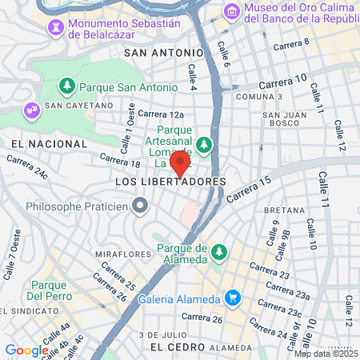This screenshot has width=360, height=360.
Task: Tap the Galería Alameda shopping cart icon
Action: click(233, 298)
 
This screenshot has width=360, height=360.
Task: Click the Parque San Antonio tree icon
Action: click(67, 86)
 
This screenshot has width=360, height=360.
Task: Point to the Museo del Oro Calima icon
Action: click(232, 11)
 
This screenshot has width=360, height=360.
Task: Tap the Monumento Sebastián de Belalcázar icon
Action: click(55, 28)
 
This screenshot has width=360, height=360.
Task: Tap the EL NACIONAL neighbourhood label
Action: click(50, 143)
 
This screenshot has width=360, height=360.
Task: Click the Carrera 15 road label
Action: click(249, 189)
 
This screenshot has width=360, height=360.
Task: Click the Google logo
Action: click(26, 350)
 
